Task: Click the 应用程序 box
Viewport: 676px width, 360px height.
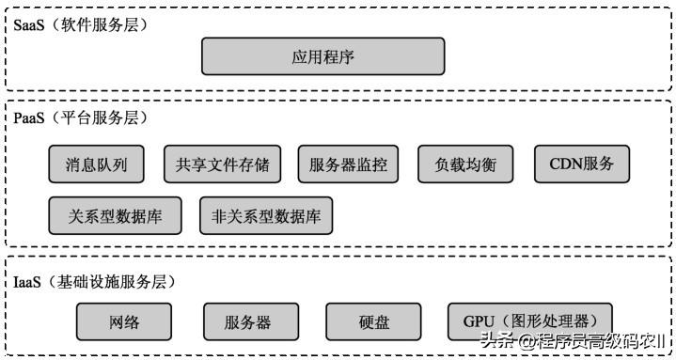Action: pyautogui.click(x=322, y=56)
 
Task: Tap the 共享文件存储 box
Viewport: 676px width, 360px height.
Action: pyautogui.click(x=222, y=164)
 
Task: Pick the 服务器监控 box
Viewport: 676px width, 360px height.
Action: pyautogui.click(x=347, y=164)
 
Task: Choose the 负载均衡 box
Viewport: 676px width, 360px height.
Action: pyautogui.click(x=465, y=164)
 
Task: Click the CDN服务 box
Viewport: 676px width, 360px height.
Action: pyautogui.click(x=582, y=164)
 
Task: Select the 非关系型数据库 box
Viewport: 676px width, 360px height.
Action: pyautogui.click(x=266, y=215)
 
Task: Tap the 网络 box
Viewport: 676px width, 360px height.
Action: pyautogui.click(x=124, y=321)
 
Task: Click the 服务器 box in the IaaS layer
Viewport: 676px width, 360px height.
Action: pyautogui.click(x=248, y=321)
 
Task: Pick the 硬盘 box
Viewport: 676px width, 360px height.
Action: pyautogui.click(x=373, y=321)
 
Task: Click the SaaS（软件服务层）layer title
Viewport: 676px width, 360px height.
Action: pyautogui.click(x=80, y=24)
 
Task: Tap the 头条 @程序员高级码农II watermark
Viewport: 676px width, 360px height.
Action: pyautogui.click(x=573, y=340)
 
